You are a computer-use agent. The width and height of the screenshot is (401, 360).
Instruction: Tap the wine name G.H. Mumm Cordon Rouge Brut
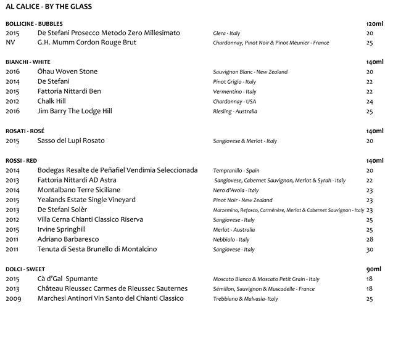(87, 43)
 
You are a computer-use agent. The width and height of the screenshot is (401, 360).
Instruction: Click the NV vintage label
(10, 43)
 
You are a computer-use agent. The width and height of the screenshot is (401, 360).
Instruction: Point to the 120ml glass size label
(374, 23)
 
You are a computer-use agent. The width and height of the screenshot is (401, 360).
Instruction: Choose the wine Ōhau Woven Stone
(67, 72)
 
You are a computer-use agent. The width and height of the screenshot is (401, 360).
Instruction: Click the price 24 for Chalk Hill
(370, 102)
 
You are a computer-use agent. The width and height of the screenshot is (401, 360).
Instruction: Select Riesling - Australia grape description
(235, 112)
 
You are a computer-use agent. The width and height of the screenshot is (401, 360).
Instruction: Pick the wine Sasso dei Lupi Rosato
(71, 141)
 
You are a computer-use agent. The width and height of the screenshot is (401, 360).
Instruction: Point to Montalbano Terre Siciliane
(79, 190)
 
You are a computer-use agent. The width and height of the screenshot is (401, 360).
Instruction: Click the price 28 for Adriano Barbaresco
(370, 239)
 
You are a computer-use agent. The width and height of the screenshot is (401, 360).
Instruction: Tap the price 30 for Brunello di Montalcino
(370, 249)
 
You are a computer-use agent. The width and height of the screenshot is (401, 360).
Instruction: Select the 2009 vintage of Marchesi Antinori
(12, 298)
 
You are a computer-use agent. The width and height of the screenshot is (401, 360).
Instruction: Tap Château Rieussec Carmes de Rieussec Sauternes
(112, 288)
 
